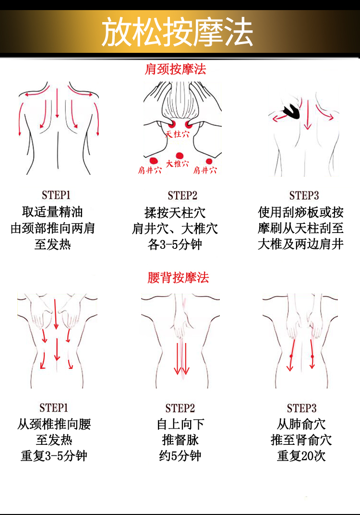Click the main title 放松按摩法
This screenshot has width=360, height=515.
[x=177, y=32]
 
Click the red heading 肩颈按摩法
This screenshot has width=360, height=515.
[x=176, y=69]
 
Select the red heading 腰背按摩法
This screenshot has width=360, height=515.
[x=178, y=278]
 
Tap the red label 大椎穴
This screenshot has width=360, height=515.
[x=178, y=164]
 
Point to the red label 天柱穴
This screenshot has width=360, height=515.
[x=178, y=134]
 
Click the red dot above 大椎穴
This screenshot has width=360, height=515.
[x=179, y=155]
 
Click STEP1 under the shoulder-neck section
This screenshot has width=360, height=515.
[x=56, y=195]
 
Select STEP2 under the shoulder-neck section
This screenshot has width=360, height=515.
[x=182, y=196]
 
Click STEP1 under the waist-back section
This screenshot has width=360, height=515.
[x=54, y=408]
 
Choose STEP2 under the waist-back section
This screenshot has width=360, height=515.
[x=180, y=408]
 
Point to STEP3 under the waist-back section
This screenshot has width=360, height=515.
[x=302, y=408]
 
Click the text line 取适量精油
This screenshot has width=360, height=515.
[x=53, y=212]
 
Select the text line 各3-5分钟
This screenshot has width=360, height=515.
[x=175, y=245]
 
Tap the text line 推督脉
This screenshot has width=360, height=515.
[x=180, y=440]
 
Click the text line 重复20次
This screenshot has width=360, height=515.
[x=301, y=455]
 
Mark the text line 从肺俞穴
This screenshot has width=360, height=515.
[x=301, y=424]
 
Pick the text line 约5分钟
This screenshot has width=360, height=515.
[x=180, y=455]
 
